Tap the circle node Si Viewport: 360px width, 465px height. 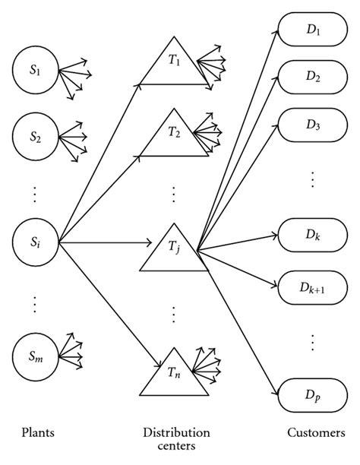pyautogui.click(x=36, y=243)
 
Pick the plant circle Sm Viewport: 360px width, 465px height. pyautogui.click(x=36, y=355)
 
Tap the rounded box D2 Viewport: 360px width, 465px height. pyautogui.click(x=313, y=77)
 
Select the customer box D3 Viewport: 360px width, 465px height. pyautogui.click(x=313, y=123)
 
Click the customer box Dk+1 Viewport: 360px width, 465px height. pyautogui.click(x=313, y=289)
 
